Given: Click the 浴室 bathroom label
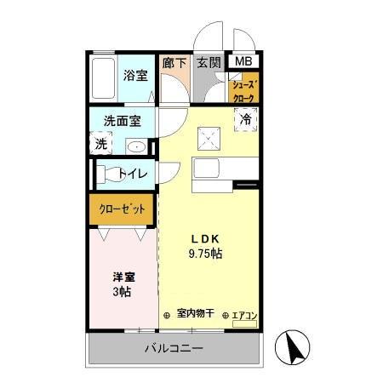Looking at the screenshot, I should click(135, 75).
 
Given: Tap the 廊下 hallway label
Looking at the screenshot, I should click(174, 62).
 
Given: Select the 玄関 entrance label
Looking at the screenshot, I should click(209, 62).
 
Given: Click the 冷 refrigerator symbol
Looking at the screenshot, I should click(245, 120).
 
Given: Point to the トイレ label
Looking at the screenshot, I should click(133, 174).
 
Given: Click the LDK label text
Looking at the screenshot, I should click(205, 239).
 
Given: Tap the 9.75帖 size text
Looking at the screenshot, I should click(205, 254).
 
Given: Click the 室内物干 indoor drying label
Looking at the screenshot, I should click(194, 315).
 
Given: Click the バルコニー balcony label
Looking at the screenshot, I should click(174, 348).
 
